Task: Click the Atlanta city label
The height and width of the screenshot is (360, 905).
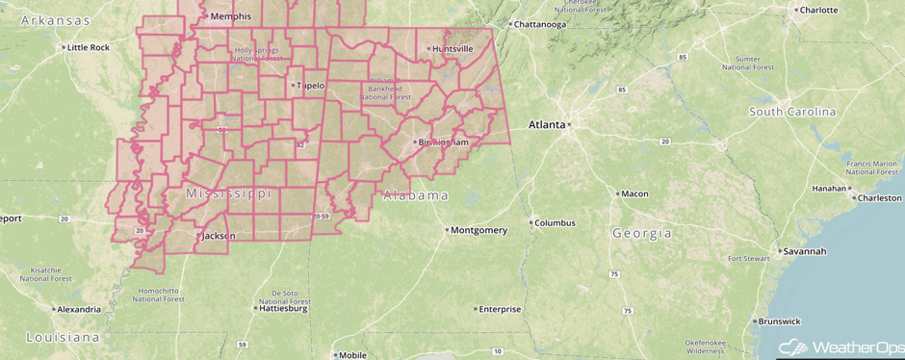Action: click(x=549, y=125)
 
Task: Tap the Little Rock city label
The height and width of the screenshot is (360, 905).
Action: click(x=89, y=47)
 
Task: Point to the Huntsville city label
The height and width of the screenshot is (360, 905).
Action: click(x=452, y=48)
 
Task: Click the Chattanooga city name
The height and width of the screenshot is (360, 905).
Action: click(x=539, y=24)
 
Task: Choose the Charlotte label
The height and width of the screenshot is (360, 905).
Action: click(x=818, y=11)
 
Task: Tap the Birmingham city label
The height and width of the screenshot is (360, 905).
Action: click(x=441, y=142)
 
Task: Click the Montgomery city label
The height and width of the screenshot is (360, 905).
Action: click(x=478, y=230)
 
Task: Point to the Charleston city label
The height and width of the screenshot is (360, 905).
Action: click(x=880, y=198)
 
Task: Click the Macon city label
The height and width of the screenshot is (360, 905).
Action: click(x=633, y=193)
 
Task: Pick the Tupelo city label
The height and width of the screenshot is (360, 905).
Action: click(x=310, y=86)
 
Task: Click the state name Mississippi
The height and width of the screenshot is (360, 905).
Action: click(x=227, y=194)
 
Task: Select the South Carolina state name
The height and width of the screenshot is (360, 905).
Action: click(x=792, y=112)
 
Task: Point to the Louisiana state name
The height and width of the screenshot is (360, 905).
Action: click(x=63, y=338)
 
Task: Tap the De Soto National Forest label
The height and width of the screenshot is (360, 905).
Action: click(x=284, y=296)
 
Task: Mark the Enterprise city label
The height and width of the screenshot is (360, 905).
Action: click(x=500, y=309)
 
